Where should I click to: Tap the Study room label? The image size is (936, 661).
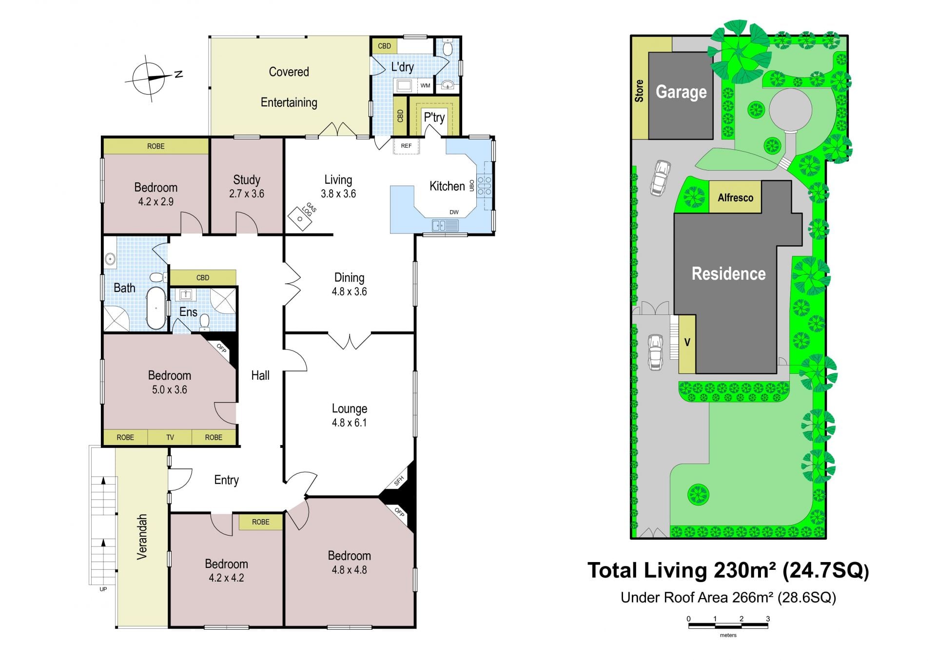(x=247, y=179)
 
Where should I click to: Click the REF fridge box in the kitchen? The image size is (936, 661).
(x=406, y=146)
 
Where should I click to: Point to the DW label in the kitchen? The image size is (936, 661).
(x=454, y=212)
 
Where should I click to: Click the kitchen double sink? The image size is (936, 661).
(x=445, y=225)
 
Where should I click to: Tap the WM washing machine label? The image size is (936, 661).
(x=425, y=86)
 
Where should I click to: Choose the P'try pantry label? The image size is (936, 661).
(x=434, y=117)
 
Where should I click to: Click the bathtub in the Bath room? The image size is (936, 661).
(x=156, y=308)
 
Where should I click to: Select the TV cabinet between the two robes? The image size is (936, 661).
(x=170, y=437)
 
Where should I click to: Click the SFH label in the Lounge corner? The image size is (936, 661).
(x=399, y=481)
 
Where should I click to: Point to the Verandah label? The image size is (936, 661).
(x=141, y=536)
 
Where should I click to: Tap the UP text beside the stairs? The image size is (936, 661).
(x=103, y=589)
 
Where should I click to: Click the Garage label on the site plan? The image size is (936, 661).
(x=681, y=92)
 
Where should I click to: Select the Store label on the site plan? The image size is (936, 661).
(x=639, y=91)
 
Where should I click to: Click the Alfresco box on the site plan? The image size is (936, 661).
(x=735, y=197)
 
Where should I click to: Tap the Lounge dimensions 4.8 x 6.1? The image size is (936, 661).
(x=349, y=423)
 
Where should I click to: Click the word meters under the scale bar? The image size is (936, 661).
(x=728, y=635)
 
